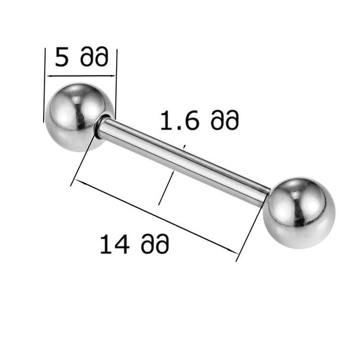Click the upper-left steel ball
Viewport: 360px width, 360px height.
pos(79,118)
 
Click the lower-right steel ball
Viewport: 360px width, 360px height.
pos(299,213)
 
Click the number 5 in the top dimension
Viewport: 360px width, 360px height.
pos(61,57)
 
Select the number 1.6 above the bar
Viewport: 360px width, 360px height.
pos(179,120)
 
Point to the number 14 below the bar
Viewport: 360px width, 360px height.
pos(115,244)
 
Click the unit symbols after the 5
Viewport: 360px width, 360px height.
pos(94,57)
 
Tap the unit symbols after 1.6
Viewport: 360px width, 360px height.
pos(225,120)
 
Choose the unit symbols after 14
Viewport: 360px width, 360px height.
pos(155,243)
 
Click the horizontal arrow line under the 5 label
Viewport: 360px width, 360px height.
pos(81,76)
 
